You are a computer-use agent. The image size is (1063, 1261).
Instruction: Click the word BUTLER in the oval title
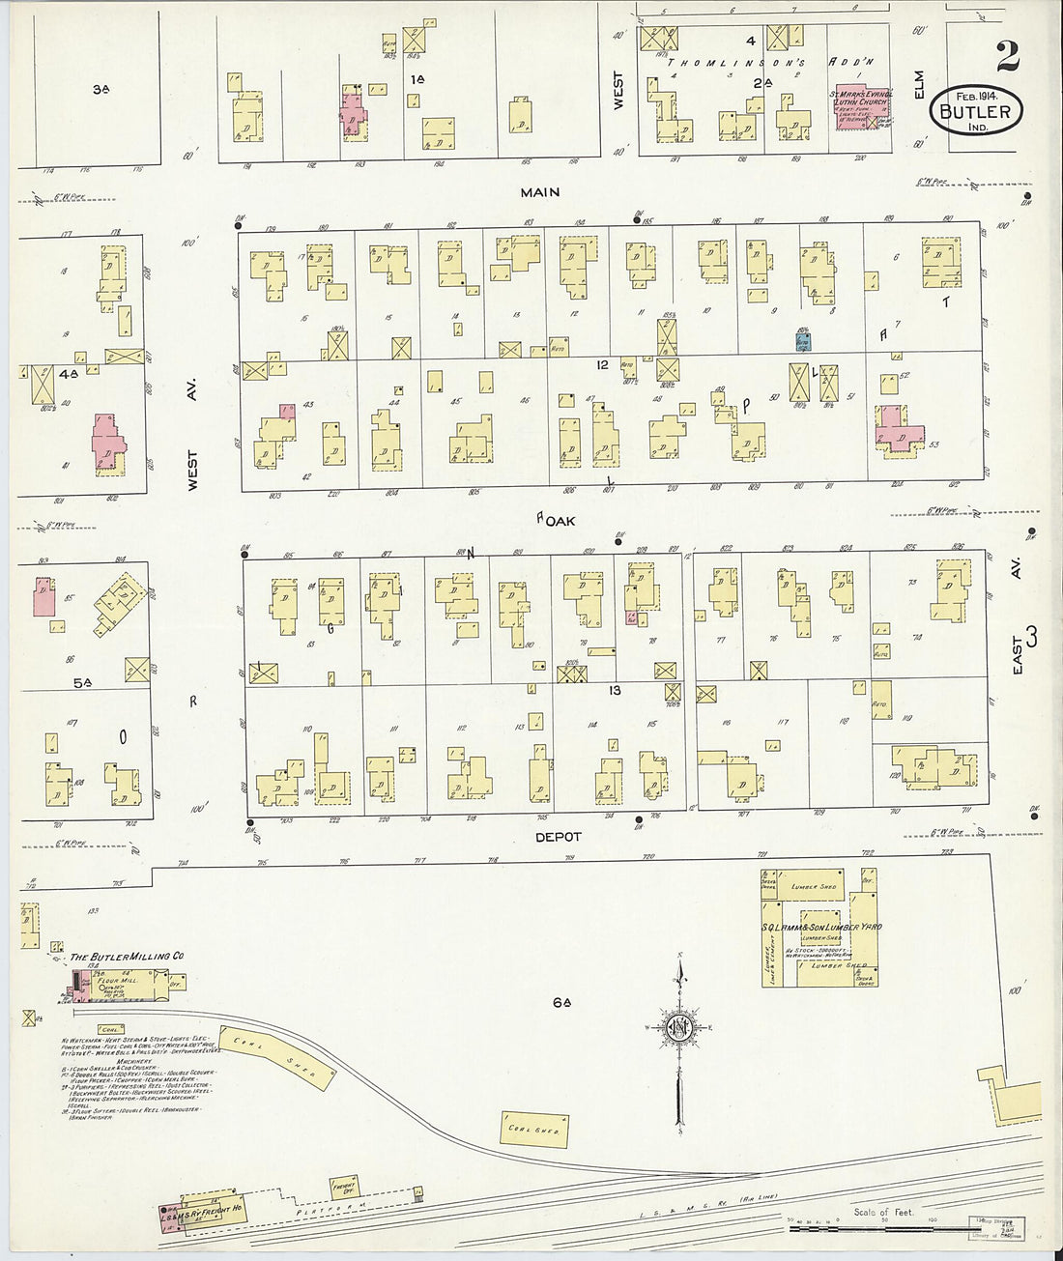pos(974,111)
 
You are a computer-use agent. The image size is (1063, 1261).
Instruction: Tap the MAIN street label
pos(539,192)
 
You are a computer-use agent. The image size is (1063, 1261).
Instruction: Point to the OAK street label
pos(560,520)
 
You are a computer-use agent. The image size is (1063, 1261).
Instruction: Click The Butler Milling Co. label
pos(126,956)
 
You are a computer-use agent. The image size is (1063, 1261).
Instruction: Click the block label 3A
pos(100,90)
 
